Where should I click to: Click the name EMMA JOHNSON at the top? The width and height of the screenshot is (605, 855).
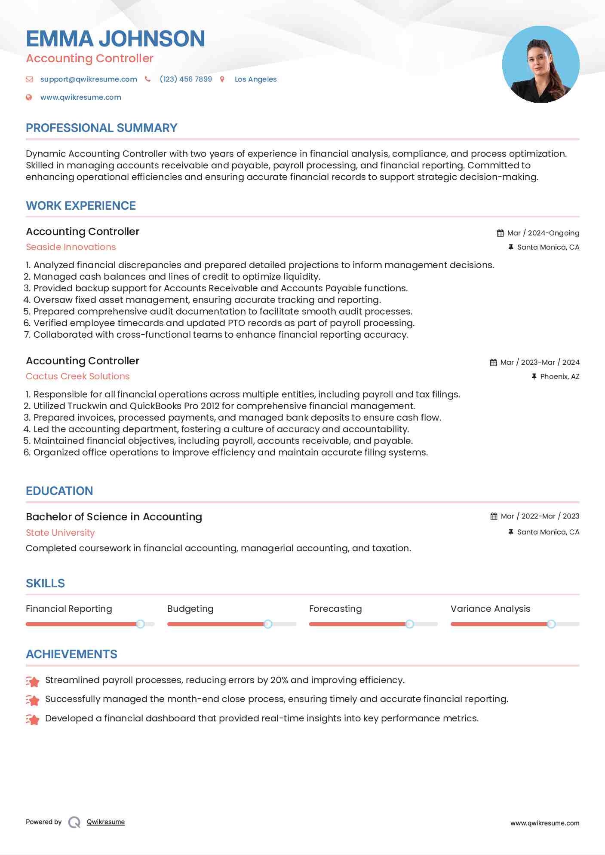115,39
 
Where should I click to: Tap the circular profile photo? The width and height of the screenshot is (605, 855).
541,64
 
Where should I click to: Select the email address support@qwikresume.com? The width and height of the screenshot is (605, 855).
89,79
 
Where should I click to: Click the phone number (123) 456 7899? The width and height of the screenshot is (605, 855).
186,79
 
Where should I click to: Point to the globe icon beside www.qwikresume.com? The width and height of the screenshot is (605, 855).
29,98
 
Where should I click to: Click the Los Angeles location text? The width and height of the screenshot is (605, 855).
255,79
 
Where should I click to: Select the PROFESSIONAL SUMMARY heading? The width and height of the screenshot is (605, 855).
101,128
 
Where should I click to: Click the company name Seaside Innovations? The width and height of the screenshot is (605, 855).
71,247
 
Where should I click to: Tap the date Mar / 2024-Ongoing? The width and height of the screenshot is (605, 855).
543,233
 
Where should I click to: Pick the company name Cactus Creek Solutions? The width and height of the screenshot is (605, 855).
78,376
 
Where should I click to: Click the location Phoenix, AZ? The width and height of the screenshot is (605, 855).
559,376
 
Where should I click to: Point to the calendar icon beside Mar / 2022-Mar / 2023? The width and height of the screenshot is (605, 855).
494,516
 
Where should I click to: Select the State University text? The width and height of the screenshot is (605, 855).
60,533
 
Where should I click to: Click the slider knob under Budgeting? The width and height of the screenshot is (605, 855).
268,624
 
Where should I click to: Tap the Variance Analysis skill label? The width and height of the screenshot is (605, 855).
490,609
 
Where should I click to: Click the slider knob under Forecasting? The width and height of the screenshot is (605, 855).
410,624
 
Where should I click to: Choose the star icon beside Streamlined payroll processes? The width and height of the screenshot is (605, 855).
33,681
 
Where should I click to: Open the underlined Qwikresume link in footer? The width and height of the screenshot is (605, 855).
106,822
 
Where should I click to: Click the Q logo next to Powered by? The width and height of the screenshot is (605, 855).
74,822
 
